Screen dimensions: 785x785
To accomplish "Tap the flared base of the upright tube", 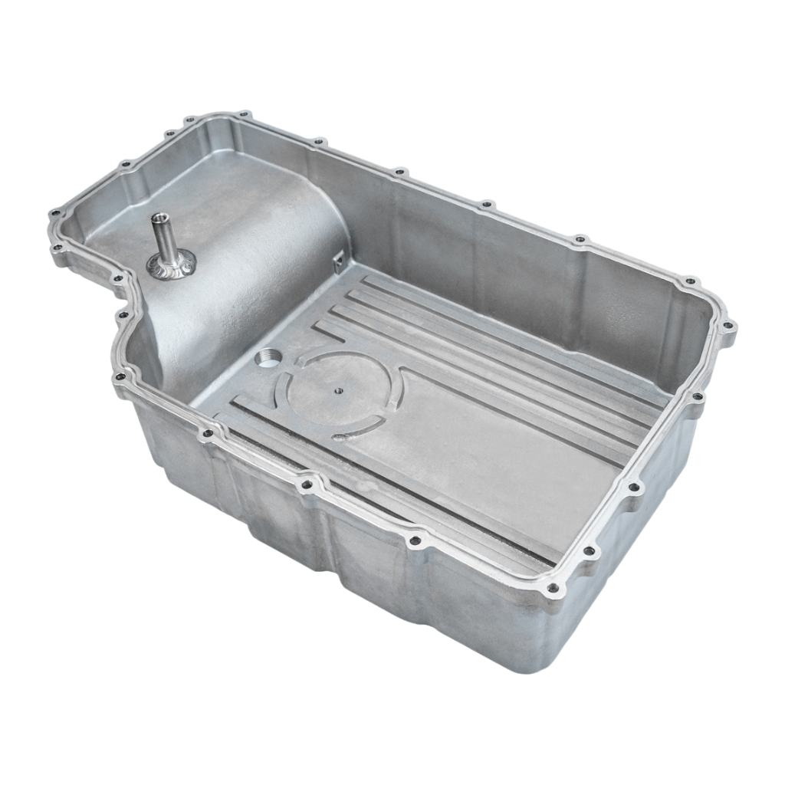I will [x=171, y=265].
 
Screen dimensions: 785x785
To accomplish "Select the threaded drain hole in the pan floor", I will [x=268, y=357].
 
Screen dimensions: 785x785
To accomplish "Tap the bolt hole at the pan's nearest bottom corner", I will [x=552, y=589].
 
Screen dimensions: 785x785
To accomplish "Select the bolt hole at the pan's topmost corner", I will [x=245, y=114].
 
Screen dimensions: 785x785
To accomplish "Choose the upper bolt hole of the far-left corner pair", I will [x=54, y=215].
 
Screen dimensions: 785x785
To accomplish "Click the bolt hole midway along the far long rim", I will [x=485, y=205].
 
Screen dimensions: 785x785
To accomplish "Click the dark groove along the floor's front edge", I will [x=383, y=491].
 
